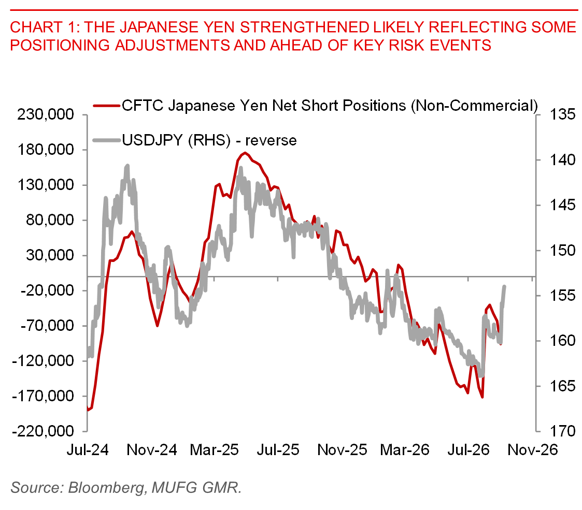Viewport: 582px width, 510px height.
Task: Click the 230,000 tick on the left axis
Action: tap(45, 114)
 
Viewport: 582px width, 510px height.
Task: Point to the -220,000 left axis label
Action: tap(43, 431)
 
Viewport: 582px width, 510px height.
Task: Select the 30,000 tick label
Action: tap(50, 255)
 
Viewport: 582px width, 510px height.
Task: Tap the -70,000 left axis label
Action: tap(47, 326)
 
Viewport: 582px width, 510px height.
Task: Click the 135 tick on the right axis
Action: tap(562, 114)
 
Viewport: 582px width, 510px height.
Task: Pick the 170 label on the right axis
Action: tap(562, 431)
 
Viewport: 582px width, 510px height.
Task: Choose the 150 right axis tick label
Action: tap(562, 251)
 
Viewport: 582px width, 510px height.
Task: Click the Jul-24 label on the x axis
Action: tap(88, 450)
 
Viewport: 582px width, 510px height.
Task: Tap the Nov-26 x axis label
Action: tap(533, 450)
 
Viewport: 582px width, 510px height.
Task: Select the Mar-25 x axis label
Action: tap(215, 450)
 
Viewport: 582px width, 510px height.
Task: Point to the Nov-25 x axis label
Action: tap(342, 450)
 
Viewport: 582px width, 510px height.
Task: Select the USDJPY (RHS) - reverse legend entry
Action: tap(209, 141)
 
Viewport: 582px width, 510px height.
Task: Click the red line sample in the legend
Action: tap(107, 106)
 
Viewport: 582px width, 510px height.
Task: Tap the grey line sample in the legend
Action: tap(107, 140)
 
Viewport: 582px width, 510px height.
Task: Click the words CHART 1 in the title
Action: tap(45, 27)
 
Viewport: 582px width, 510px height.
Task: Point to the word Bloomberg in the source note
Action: tap(107, 488)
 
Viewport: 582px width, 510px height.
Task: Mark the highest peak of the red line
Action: tap(244, 153)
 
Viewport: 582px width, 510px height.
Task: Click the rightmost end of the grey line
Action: tap(504, 286)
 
